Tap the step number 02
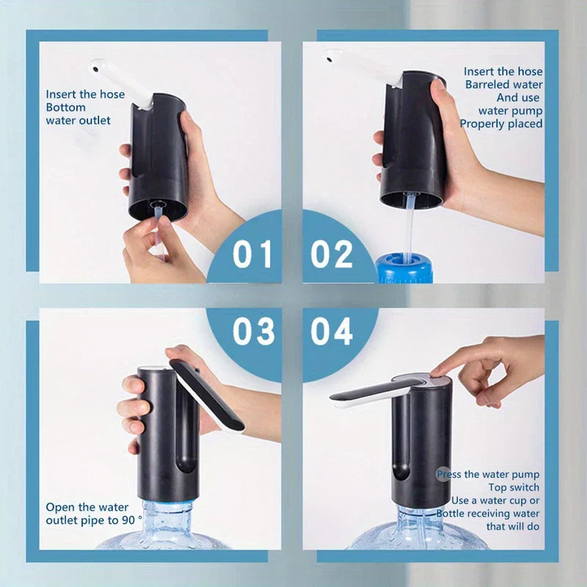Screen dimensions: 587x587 click(x=332, y=253)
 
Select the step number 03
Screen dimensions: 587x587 click(x=253, y=331)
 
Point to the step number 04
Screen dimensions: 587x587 click(x=332, y=331)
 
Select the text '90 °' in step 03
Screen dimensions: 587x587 click(x=116, y=520)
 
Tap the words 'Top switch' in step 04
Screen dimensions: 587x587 click(x=514, y=487)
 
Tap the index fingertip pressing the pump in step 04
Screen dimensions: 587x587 click(x=438, y=371)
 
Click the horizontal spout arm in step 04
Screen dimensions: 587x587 click(x=367, y=394)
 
